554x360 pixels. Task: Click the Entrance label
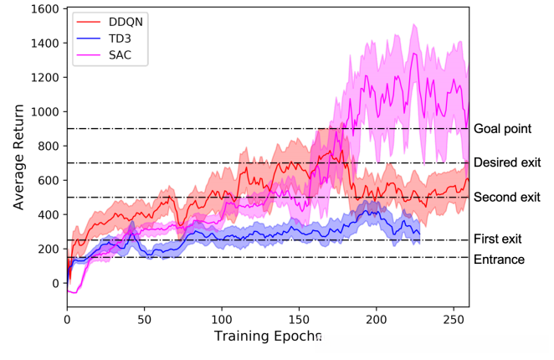499,260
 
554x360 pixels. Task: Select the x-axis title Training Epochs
267,337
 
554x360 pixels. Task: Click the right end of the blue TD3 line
419,235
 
